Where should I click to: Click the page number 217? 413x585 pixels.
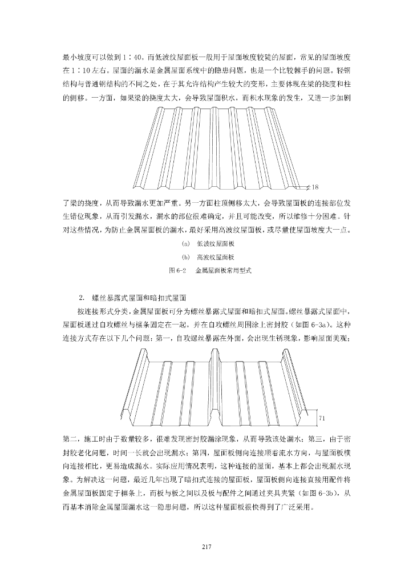coord(206,547)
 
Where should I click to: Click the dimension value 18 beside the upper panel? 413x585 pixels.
coord(315,187)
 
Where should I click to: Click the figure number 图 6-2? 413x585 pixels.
coord(171,271)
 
